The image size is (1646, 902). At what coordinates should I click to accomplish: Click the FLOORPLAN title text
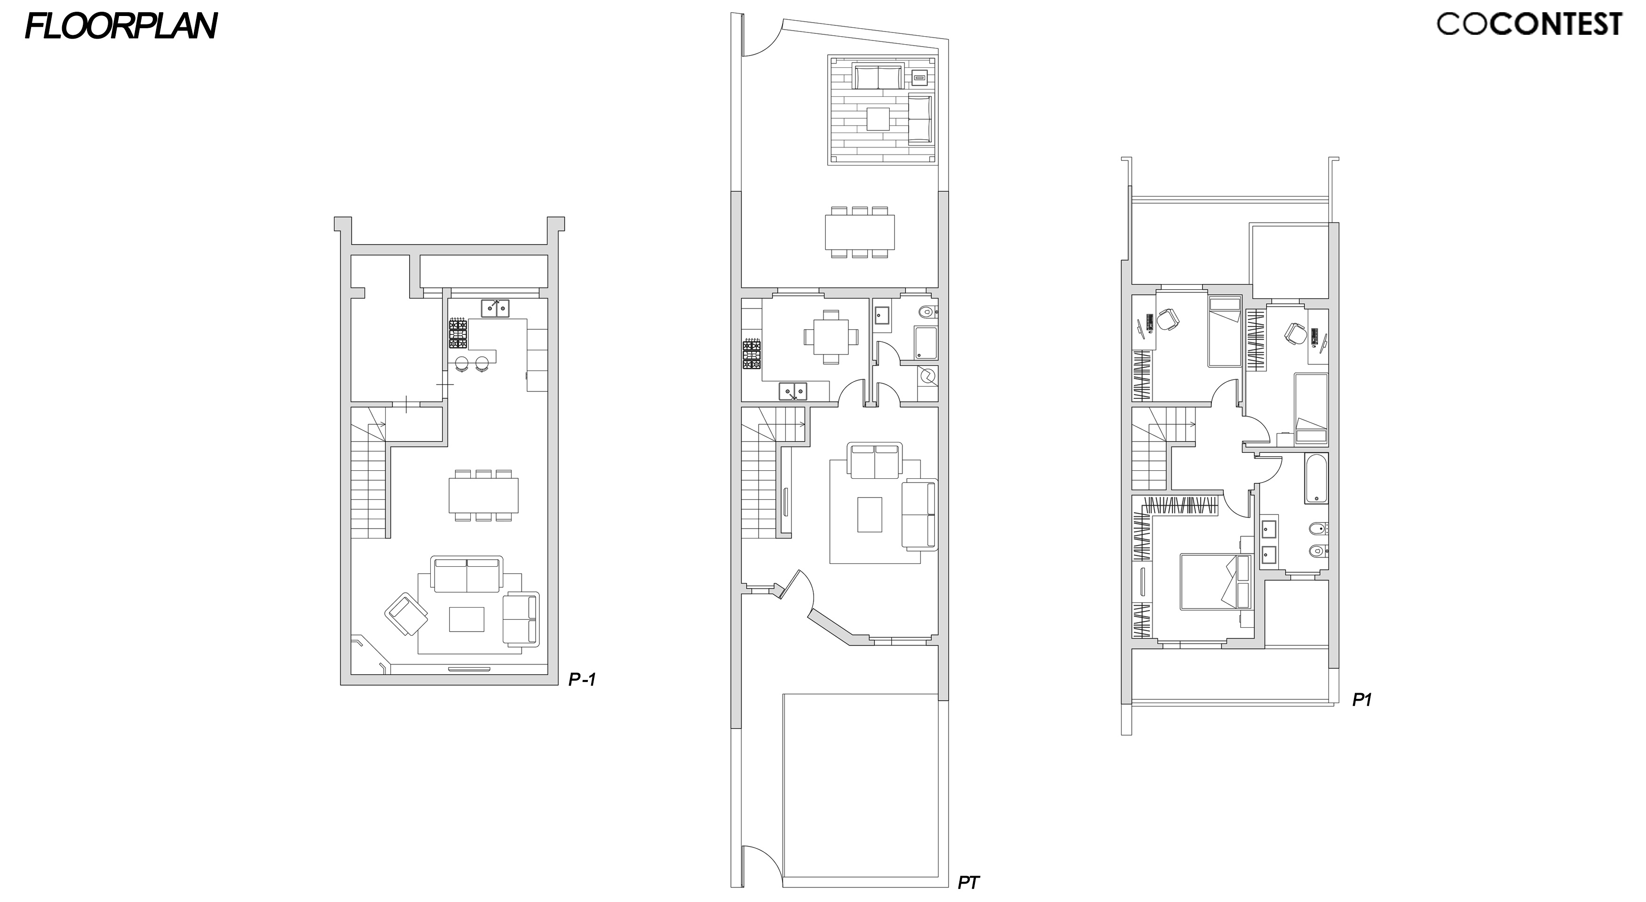click(121, 26)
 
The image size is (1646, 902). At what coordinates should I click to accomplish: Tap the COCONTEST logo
click(1529, 24)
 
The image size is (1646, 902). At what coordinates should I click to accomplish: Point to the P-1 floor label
click(582, 680)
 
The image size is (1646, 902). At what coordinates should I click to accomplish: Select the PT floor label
click(969, 883)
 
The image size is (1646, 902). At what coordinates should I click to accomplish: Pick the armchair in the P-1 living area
click(406, 614)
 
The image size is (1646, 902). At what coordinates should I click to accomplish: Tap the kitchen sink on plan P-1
click(495, 308)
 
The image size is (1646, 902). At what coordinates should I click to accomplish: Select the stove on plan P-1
click(458, 334)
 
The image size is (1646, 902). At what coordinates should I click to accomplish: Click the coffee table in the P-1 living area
click(467, 618)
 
